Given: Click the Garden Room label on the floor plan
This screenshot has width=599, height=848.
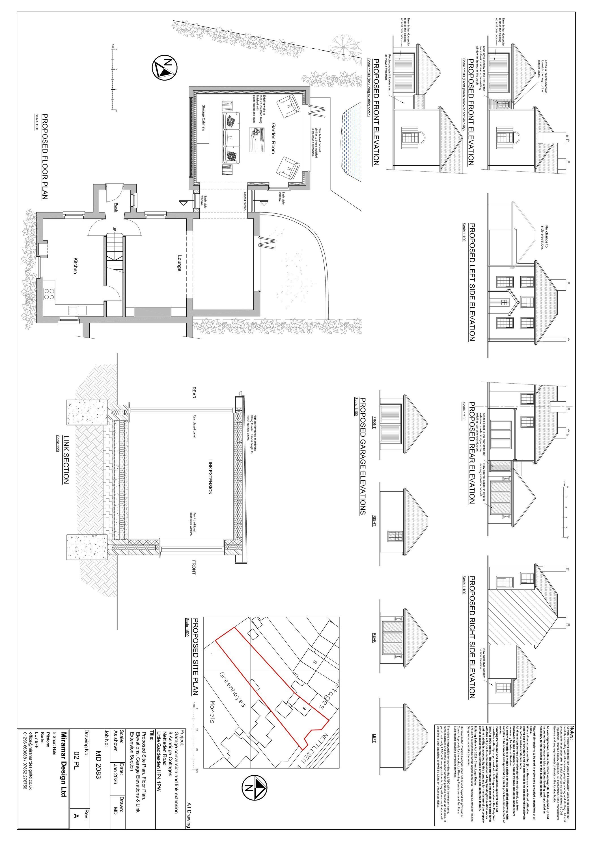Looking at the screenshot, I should point(273,139).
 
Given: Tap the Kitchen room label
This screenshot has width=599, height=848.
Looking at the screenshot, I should point(75,265).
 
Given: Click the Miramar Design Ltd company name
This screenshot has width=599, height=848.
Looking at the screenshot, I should point(64,762).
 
